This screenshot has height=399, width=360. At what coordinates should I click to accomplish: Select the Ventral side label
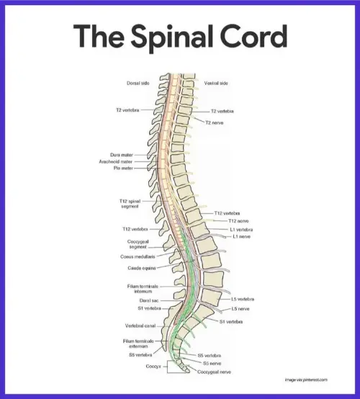(x=217, y=84)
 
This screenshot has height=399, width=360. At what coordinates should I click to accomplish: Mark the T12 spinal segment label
(x=130, y=204)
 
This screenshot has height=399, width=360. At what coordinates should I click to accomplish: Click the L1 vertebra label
(x=243, y=229)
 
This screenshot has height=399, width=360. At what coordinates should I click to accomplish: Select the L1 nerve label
(x=241, y=236)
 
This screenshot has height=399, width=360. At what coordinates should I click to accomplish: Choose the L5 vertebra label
(x=243, y=299)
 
